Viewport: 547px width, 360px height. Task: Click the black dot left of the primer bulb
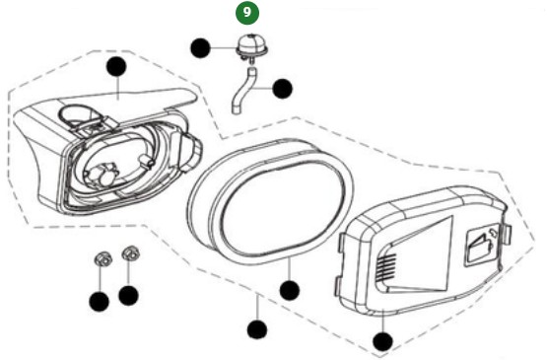[x=201, y=46]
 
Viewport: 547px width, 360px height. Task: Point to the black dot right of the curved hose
[x=283, y=88]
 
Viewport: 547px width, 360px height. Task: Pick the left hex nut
[x=99, y=260]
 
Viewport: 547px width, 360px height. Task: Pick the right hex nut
[x=128, y=257]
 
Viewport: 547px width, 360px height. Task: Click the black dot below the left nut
[x=99, y=301]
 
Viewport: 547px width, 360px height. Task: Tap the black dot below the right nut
[x=129, y=294]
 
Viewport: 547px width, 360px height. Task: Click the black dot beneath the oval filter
[x=289, y=290]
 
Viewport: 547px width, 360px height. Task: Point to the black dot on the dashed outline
[x=257, y=329]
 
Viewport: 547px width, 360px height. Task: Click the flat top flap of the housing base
[x=148, y=99]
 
